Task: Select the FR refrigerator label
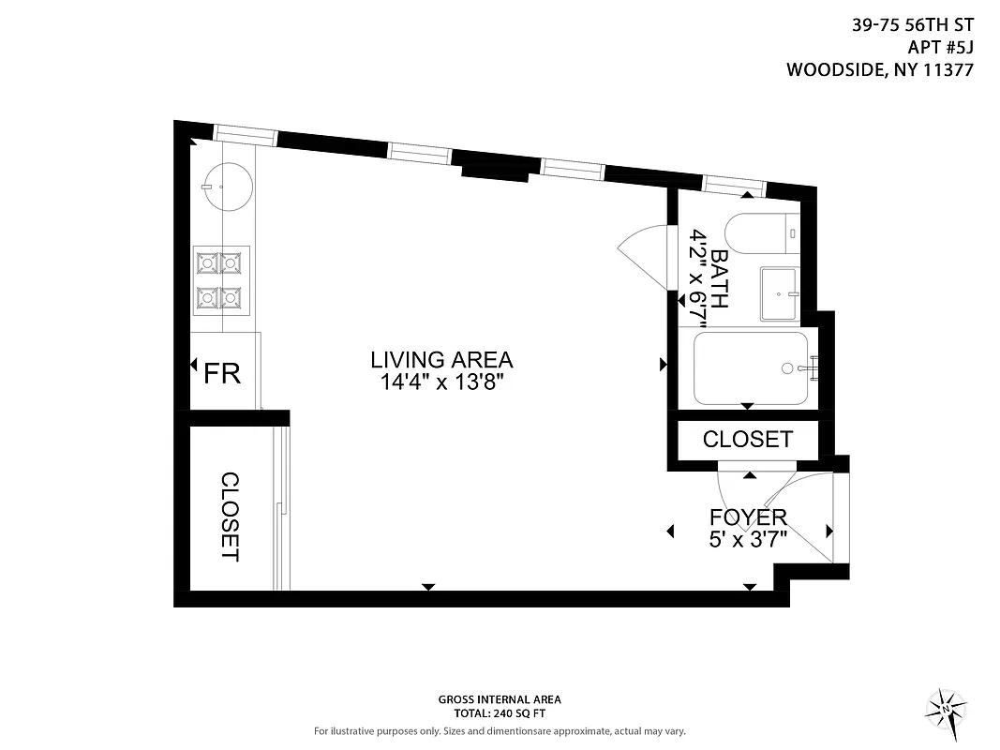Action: click(223, 373)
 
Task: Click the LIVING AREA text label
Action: click(441, 360)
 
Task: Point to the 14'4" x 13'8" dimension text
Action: click(441, 382)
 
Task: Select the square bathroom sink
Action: click(779, 292)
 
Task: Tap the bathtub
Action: click(751, 367)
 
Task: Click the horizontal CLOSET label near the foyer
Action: click(747, 439)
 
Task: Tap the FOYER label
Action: click(747, 517)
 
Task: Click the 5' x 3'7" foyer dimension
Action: click(747, 539)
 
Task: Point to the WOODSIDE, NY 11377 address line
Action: click(880, 69)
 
